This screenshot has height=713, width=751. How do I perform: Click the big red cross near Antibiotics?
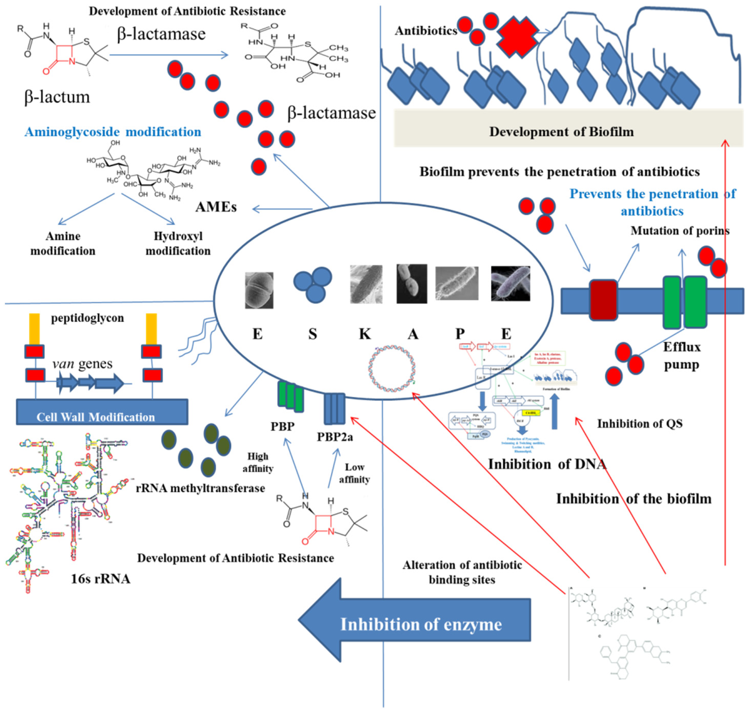pos(518,37)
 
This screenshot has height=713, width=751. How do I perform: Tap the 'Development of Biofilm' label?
pos(561,132)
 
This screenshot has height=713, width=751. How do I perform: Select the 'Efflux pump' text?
pos(682,356)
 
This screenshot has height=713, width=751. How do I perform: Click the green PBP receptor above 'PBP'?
pos(291,397)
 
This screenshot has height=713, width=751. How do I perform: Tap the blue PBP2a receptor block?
pos(334,409)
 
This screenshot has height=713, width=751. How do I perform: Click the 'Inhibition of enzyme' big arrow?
pos(414,624)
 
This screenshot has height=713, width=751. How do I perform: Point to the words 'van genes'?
pos(83,364)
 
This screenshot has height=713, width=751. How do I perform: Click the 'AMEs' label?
pos(216,207)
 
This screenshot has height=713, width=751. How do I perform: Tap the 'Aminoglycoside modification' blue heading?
pos(113,132)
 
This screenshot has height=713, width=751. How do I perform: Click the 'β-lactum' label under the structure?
pos(57,97)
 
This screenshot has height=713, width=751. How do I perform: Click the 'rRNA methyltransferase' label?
pos(200,488)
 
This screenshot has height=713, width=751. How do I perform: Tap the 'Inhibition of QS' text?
pos(640,423)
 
